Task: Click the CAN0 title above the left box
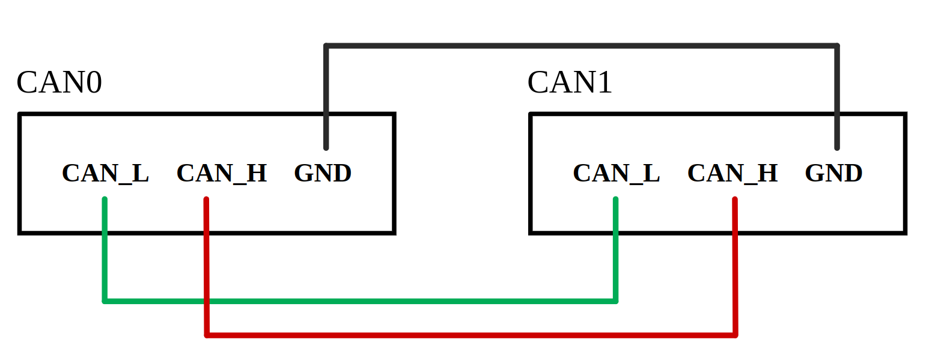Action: click(59, 83)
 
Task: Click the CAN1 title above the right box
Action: click(570, 83)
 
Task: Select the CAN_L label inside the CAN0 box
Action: click(105, 174)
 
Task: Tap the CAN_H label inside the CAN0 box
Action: click(222, 174)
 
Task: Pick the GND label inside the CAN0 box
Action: click(323, 174)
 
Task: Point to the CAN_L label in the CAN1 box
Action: click(616, 174)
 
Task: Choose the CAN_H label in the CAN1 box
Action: click(733, 174)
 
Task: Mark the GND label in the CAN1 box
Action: click(833, 174)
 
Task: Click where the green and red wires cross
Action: click(207, 301)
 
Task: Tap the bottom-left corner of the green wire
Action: click(105, 301)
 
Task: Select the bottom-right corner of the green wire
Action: click(615, 301)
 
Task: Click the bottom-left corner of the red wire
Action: click(207, 335)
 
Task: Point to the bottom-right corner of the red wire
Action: click(736, 335)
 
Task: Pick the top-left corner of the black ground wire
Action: click(326, 46)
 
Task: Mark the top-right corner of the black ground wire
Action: click(836, 46)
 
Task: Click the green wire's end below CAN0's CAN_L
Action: click(105, 200)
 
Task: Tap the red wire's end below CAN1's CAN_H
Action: click(735, 200)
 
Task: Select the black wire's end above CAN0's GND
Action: click(326, 147)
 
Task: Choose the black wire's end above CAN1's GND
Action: click(836, 147)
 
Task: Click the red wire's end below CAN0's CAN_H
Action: click(206, 200)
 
